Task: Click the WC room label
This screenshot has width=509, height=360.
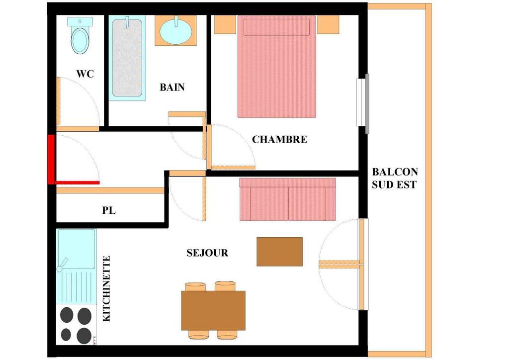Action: click(x=85, y=74)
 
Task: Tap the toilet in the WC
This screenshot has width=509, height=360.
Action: click(x=80, y=36)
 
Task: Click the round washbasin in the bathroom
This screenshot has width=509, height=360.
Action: click(x=175, y=31)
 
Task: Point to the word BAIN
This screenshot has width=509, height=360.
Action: click(x=172, y=88)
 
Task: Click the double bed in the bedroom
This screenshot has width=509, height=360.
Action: click(x=277, y=67)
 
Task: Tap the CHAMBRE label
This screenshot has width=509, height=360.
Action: click(x=279, y=140)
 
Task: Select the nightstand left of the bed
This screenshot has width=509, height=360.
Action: click(x=225, y=24)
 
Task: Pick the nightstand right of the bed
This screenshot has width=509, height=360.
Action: click(x=328, y=24)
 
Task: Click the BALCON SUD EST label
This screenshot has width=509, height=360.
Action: click(x=395, y=178)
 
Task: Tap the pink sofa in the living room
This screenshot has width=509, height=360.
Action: click(x=287, y=199)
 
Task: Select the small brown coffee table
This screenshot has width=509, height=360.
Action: click(x=280, y=252)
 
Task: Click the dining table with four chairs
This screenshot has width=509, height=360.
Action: click(x=213, y=310)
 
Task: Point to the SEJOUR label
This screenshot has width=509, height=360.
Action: click(x=207, y=253)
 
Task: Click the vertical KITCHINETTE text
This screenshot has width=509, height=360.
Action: click(x=106, y=289)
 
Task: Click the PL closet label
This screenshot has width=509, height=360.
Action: click(x=109, y=210)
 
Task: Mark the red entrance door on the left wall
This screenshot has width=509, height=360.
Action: click(x=51, y=159)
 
